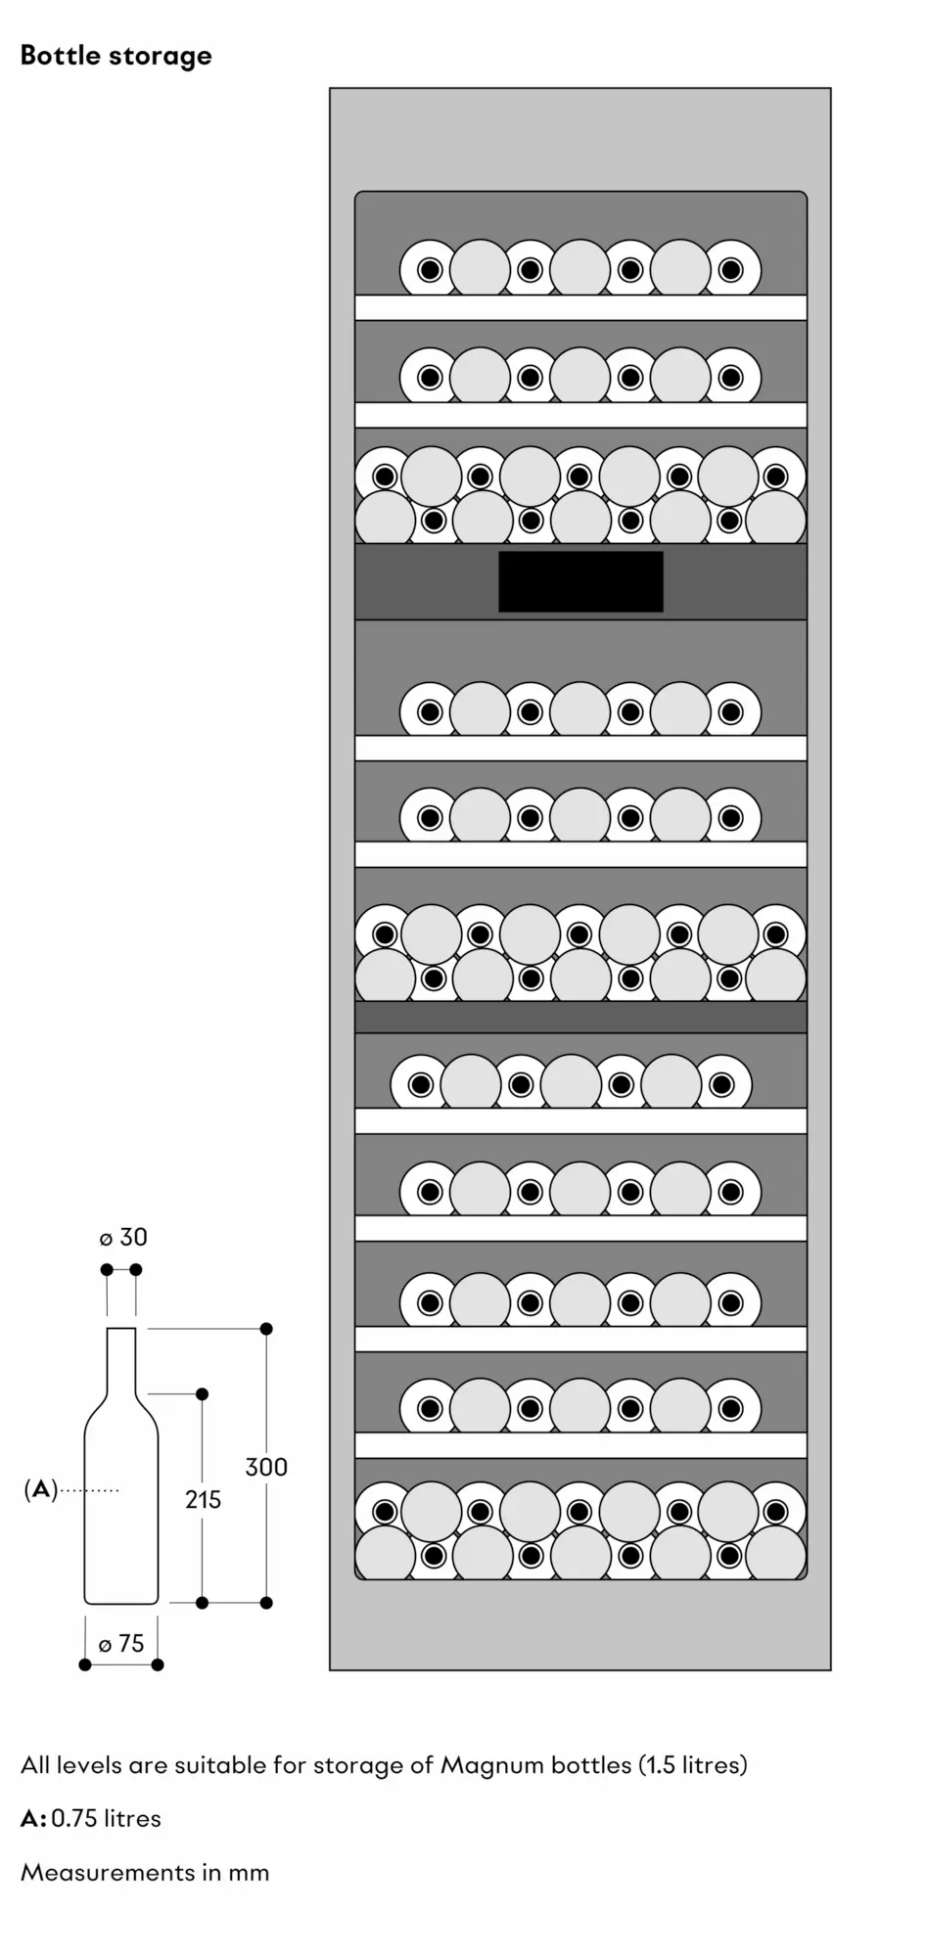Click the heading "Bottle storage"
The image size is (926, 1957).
point(116,56)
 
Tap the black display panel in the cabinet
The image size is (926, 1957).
point(580,582)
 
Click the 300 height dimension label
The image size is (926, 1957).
point(266,1467)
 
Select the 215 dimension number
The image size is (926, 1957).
point(203,1499)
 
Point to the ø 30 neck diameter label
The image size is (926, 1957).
point(123,1238)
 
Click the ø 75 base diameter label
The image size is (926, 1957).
point(121,1644)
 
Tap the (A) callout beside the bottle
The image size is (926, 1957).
point(40,1490)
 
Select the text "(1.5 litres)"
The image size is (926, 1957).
point(693,1765)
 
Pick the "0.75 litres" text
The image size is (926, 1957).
point(106,1819)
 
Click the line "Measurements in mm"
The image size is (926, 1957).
point(145,1873)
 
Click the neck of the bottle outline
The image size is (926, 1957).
point(121,1360)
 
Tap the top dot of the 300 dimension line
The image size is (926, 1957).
point(266,1329)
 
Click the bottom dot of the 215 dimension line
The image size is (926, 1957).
point(203,1603)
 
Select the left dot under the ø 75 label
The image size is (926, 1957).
point(85,1664)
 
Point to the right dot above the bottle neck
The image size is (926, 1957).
point(136,1270)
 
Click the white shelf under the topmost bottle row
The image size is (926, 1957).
point(580,307)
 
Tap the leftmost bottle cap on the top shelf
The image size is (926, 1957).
point(430,270)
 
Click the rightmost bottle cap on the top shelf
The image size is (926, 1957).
point(731,270)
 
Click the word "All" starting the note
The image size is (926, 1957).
point(35,1765)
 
